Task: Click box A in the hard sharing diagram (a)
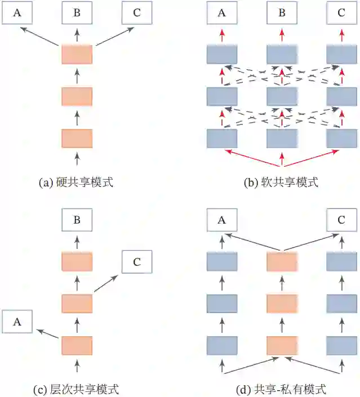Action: pos(17,13)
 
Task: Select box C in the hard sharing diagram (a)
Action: pos(137,13)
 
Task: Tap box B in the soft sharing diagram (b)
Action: pos(282,13)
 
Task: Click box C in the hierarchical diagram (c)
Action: pos(137,262)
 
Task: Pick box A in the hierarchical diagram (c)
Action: pos(17,322)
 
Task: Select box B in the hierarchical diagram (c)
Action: pos(77,220)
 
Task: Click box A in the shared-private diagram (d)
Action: pos(222,220)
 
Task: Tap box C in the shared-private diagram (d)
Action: pos(341,220)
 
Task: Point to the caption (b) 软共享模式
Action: pos(281,182)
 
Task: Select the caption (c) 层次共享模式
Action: pos(77,389)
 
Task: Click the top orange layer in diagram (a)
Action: pos(77,55)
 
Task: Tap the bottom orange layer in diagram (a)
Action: pos(77,138)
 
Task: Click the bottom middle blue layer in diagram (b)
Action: pos(282,138)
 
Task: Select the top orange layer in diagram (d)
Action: pos(282,262)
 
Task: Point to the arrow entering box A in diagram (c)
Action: pos(47,333)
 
